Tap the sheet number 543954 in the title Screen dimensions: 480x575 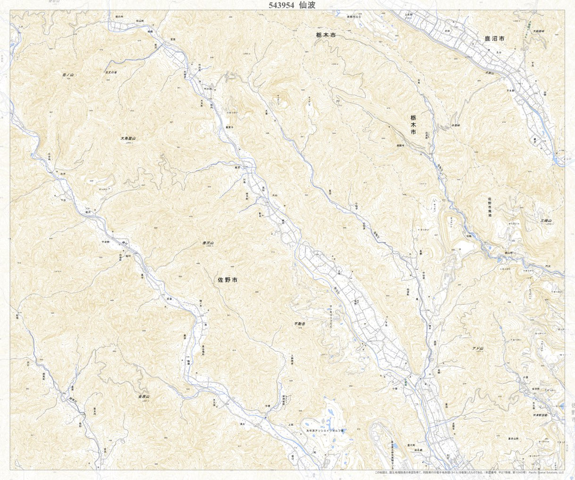coord(279,5)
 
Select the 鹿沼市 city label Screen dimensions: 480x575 coord(494,38)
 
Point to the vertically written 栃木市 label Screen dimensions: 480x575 coord(413,124)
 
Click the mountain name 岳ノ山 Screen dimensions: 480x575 coord(69,75)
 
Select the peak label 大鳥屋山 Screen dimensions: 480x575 coord(128,138)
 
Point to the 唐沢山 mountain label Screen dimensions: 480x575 coord(207,243)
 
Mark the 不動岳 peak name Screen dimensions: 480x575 coord(300,324)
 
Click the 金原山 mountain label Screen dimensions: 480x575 coord(144,397)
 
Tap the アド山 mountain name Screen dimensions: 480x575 coord(478,348)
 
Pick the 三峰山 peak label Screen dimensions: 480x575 coord(546,220)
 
